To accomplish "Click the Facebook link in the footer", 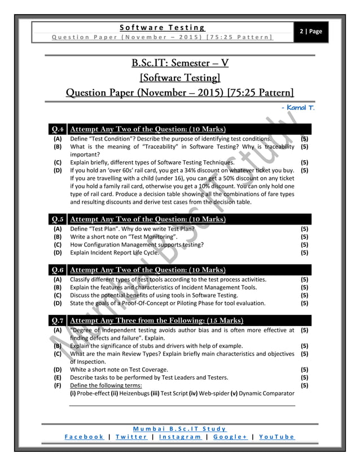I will (x=84, y=437).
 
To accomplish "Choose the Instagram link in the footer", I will (x=180, y=437).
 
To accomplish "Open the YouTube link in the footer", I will (x=275, y=437).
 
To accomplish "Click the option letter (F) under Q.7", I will (x=58, y=385).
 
